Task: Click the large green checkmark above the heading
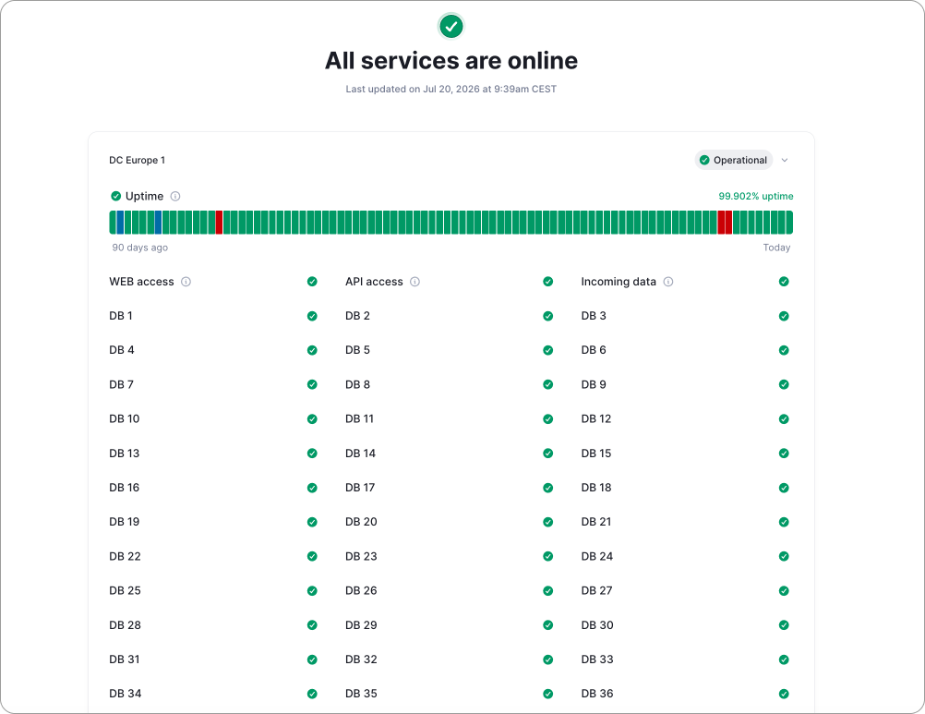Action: pyautogui.click(x=451, y=26)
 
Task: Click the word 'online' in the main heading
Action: pyautogui.click(x=543, y=61)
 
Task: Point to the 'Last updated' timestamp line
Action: pyautogui.click(x=451, y=89)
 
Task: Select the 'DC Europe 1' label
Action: pyautogui.click(x=137, y=160)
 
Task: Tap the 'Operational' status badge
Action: pyautogui.click(x=733, y=160)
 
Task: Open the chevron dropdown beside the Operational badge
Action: pyautogui.click(x=785, y=160)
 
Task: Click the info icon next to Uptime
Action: pyautogui.click(x=175, y=196)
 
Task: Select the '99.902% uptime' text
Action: pyautogui.click(x=756, y=196)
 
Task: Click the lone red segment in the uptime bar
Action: pyautogui.click(x=219, y=223)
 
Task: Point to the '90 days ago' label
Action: pyautogui.click(x=139, y=248)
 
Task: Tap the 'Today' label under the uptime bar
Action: pyautogui.click(x=776, y=248)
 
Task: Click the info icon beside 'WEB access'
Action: pyautogui.click(x=186, y=282)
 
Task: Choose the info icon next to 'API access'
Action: pyautogui.click(x=414, y=282)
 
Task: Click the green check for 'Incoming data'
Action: pyautogui.click(x=784, y=282)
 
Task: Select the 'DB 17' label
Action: pyautogui.click(x=360, y=488)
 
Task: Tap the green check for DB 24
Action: pyautogui.click(x=784, y=556)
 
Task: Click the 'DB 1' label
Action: pyautogui.click(x=121, y=316)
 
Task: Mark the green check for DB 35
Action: pyautogui.click(x=547, y=694)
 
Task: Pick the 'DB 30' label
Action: pyautogui.click(x=597, y=625)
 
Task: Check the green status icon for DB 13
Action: pyautogui.click(x=312, y=454)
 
